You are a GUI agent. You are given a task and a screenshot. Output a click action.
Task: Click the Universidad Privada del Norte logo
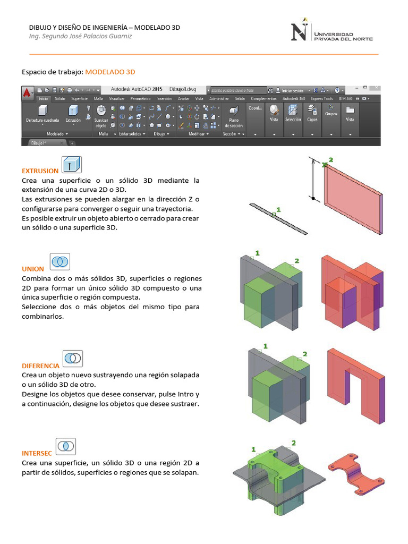coord(331,32)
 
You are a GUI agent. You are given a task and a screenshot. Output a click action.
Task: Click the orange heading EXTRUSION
coord(40,171)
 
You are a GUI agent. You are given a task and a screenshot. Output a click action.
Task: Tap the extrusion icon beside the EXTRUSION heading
coord(71,165)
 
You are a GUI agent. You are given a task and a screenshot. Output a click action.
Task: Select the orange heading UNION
coord(33,269)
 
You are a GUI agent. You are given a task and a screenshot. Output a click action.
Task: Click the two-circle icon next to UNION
coord(60,261)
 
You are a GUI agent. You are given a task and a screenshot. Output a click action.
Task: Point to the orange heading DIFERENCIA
coord(40,366)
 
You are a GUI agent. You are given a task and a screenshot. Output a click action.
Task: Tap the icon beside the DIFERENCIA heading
coord(73,358)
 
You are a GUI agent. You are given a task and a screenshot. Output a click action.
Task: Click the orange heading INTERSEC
coord(37,454)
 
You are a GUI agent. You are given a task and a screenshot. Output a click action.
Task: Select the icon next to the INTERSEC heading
coord(66,446)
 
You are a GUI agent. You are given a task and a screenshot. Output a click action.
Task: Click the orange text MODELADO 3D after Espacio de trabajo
coord(110,71)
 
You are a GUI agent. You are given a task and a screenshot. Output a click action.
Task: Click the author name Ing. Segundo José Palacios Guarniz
coord(80,36)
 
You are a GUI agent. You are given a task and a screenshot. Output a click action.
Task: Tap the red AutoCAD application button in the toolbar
coord(27,92)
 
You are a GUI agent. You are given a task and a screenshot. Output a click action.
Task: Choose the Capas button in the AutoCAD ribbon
coord(312,113)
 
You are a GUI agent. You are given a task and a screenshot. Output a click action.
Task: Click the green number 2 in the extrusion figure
coord(331,159)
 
